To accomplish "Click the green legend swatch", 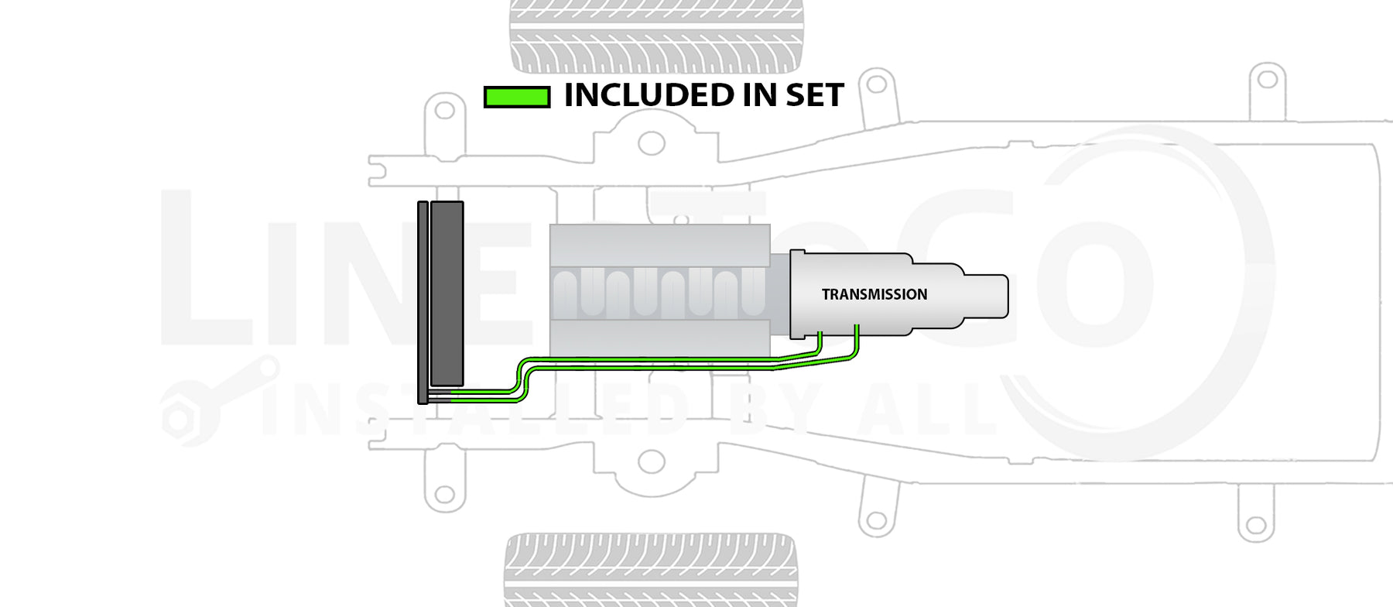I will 516,97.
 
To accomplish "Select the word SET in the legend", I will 814,95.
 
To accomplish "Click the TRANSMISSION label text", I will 874,294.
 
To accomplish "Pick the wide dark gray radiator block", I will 447,293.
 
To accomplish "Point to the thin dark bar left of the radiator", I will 423,302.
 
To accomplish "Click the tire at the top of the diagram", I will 656,36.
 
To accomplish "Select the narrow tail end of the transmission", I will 986,296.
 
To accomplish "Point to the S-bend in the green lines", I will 522,379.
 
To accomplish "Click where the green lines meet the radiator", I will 452,397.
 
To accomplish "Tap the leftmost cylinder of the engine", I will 566,294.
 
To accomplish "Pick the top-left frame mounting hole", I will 444,110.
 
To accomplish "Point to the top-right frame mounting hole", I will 1267,79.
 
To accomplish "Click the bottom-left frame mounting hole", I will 444,494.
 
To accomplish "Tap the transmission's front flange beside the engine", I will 797,294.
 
